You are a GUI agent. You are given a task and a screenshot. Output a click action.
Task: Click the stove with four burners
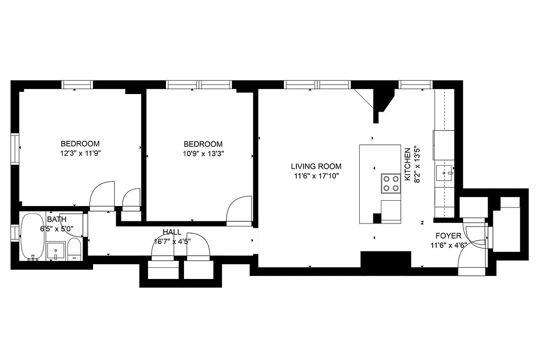coord(391,183)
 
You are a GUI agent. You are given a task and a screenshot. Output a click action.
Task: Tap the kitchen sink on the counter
coord(445,171)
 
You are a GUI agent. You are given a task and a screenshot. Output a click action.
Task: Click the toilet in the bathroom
coord(74,250)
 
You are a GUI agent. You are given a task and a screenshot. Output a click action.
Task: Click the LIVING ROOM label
coord(316,166)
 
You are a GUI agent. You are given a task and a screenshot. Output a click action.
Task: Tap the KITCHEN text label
coord(407,164)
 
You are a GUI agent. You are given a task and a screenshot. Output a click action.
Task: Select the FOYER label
coord(448,236)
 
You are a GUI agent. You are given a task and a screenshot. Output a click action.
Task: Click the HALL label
coord(172,232)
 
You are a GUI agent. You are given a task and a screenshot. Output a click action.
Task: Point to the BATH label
coord(57,220)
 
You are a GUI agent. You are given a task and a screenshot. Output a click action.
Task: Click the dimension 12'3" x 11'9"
coord(80,153)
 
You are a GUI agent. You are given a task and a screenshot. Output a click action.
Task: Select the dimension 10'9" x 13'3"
coord(203,153)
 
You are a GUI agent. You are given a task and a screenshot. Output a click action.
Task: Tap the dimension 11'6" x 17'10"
coord(316,175)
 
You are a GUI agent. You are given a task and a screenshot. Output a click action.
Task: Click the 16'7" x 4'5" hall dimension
coord(172,241)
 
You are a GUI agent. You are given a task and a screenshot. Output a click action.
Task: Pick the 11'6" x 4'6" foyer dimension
coord(448,245)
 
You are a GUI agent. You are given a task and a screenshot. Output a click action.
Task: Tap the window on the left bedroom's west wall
coord(15,148)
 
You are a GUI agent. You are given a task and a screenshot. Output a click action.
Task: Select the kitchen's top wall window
coord(415,84)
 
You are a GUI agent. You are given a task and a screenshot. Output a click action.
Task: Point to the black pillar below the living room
coord(386,260)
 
